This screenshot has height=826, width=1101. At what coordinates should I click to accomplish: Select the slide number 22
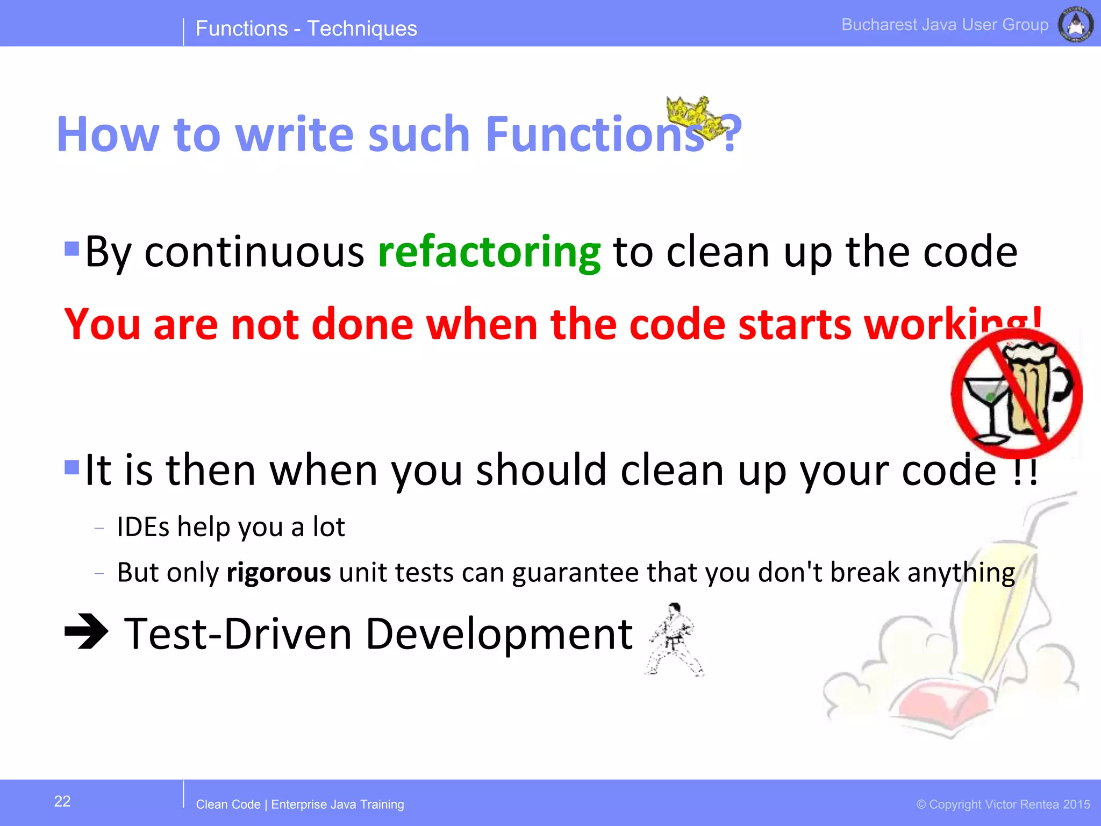coord(62,801)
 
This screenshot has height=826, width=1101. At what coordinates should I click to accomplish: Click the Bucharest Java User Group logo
coord(1075,25)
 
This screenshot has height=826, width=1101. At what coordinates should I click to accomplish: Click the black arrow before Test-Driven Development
coord(86,631)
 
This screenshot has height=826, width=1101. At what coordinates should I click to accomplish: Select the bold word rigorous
coord(278,572)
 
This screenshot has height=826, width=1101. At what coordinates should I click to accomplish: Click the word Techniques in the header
coord(362,29)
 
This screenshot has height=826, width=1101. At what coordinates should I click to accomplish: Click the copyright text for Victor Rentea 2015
coord(1003,804)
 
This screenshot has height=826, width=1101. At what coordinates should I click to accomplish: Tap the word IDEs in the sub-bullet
coord(143,527)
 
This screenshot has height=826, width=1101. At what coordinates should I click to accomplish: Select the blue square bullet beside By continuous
coord(72,248)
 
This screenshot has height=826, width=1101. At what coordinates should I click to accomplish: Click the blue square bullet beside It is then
coord(72,467)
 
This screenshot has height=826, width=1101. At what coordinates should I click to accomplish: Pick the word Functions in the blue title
coord(594,134)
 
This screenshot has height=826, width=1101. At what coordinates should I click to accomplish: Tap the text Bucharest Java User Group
coord(945,25)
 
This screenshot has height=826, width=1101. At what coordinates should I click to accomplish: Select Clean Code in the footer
coord(228,804)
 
